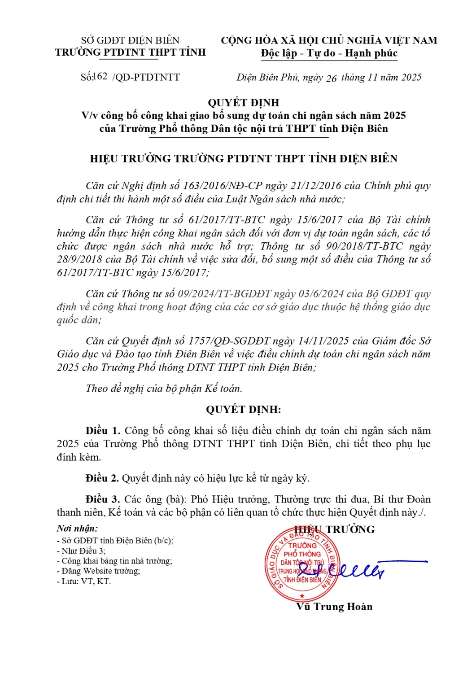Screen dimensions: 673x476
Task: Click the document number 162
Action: pos(100,76)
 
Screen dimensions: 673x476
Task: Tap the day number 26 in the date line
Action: pos(331,79)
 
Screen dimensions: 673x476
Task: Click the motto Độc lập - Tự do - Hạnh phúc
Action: pos(329,53)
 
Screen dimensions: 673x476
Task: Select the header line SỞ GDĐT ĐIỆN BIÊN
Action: pos(130,40)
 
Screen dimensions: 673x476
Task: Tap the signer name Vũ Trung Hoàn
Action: pos(334,607)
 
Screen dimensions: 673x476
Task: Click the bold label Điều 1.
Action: pos(103,431)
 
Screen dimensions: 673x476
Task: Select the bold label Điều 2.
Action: pos(102,478)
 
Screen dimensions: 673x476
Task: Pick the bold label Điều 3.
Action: pos(103,499)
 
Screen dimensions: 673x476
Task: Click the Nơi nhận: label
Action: pos(77,529)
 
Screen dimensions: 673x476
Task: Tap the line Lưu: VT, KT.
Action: pos(84,581)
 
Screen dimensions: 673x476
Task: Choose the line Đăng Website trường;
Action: pos(99,571)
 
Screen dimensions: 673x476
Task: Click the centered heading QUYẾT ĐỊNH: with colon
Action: pos(244,409)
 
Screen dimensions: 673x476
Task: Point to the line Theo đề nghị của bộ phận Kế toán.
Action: pos(164,389)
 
